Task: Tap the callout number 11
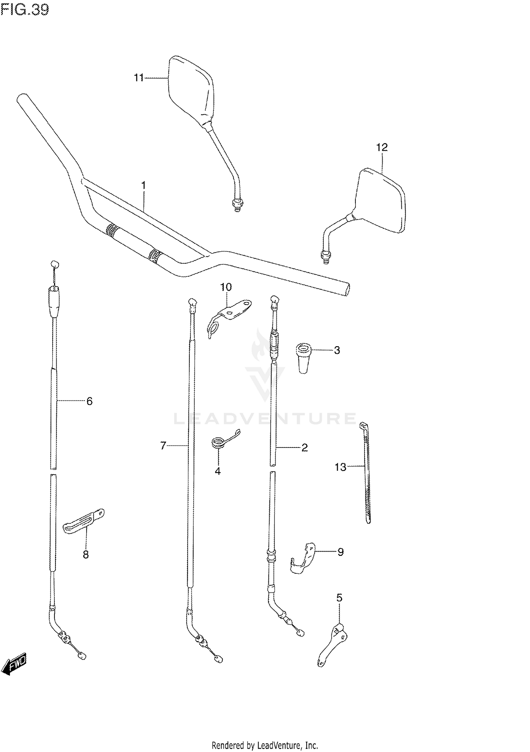point(139,78)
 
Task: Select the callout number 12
point(382,148)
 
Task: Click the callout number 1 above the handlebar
point(144,185)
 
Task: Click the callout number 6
point(89,401)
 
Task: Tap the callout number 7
point(163,446)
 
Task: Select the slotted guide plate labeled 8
point(83,522)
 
